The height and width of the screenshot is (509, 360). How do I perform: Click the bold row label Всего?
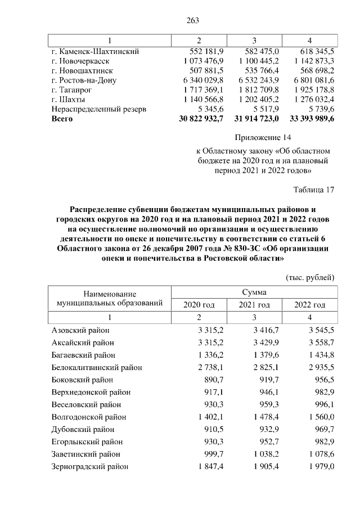click(62, 119)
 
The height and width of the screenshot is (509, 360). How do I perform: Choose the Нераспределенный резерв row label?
click(98, 110)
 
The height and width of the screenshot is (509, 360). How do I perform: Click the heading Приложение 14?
click(263, 137)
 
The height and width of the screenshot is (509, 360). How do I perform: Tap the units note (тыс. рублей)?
click(310, 277)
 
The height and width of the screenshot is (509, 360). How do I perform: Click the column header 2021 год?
click(254, 305)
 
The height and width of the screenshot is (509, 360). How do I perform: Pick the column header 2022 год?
click(310, 305)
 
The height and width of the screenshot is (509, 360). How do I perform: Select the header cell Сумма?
click(254, 292)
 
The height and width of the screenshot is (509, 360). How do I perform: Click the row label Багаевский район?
click(83, 355)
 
